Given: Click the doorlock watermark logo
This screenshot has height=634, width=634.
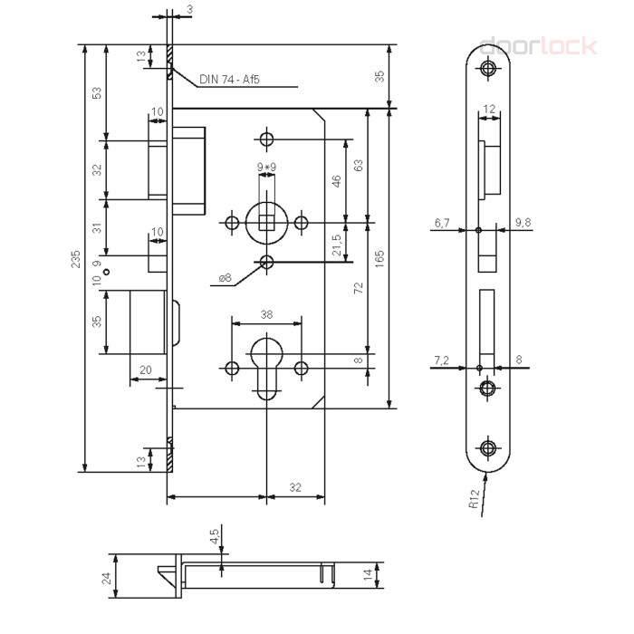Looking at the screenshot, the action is [538, 46].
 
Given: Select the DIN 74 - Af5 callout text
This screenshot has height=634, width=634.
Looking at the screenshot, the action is [229, 80].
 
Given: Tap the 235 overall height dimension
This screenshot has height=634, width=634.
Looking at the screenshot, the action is [75, 259].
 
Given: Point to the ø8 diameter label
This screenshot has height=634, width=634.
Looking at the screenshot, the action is [225, 278].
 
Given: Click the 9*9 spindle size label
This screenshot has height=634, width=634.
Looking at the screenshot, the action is [266, 167].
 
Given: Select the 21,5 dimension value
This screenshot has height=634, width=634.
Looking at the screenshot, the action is [337, 245].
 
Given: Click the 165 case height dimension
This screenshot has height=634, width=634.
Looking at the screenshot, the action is [379, 259].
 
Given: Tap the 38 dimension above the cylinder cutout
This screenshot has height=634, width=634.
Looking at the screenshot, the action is [266, 314].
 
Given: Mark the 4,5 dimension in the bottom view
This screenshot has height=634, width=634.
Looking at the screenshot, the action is [215, 536].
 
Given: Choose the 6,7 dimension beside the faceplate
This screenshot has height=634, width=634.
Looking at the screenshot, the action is [442, 223].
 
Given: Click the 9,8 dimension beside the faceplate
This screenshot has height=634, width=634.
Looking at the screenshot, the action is [523, 223].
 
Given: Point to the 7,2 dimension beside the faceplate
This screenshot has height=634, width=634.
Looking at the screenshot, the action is [442, 360].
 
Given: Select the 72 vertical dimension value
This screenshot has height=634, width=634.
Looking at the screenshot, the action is [359, 288].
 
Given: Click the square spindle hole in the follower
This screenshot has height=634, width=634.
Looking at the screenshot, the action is [266, 223].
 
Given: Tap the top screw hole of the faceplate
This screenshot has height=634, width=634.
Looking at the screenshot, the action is [488, 68].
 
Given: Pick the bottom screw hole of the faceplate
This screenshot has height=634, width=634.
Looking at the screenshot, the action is [488, 447].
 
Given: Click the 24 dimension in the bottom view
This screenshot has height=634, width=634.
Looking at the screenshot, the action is [106, 578].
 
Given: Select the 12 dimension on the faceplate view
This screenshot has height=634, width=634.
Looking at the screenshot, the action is [489, 109].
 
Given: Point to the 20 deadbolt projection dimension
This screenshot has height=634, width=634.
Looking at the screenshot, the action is [146, 370].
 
